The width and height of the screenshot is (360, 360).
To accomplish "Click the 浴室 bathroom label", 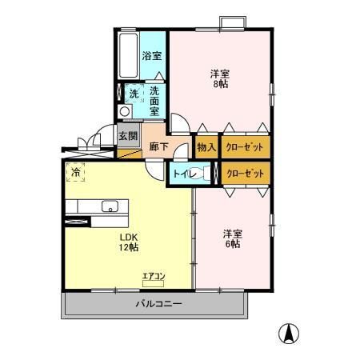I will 151,56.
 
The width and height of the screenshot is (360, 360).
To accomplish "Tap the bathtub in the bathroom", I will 127,55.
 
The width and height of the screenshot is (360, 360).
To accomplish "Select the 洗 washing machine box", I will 132,93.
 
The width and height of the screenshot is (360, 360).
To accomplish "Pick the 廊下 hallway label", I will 158,146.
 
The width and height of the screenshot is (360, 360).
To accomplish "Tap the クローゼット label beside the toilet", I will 245,173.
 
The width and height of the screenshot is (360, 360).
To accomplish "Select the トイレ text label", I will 182,173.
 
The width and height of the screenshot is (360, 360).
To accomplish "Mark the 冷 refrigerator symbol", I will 76,171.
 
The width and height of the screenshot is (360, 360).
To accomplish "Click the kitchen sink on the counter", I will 108,208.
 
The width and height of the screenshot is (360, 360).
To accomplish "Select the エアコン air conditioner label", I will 153,277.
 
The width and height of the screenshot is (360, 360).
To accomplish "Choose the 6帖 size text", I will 232,244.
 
